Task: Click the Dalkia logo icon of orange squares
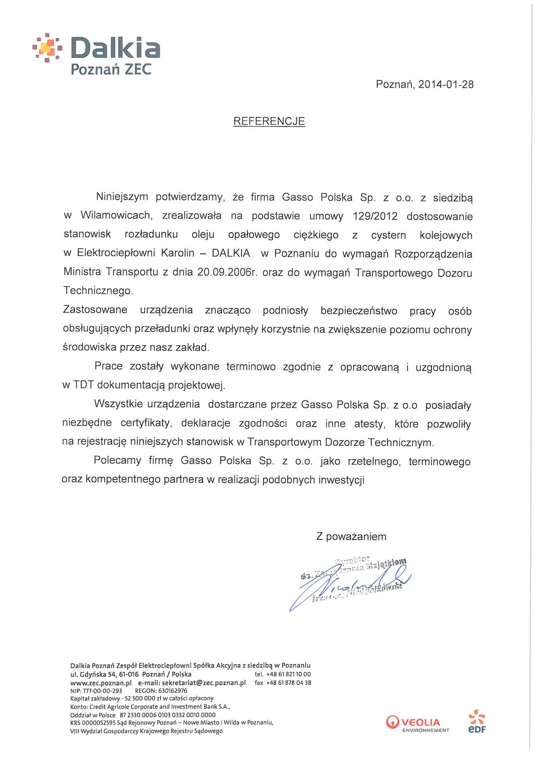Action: click(x=47, y=48)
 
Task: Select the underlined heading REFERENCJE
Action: click(x=269, y=121)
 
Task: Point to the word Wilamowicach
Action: click(x=116, y=215)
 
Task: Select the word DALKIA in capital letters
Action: click(x=231, y=253)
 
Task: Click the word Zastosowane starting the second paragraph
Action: click(x=95, y=310)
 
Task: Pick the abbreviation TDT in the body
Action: click(x=83, y=385)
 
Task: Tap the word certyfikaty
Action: click(x=146, y=423)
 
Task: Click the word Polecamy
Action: click(x=117, y=461)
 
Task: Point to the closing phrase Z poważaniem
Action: click(x=351, y=536)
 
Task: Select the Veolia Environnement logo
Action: click(x=418, y=723)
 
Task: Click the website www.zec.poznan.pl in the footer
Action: click(x=101, y=683)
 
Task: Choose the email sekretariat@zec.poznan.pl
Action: click(x=204, y=683)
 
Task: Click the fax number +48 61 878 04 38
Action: click(x=288, y=683)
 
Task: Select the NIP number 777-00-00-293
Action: click(x=102, y=691)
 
